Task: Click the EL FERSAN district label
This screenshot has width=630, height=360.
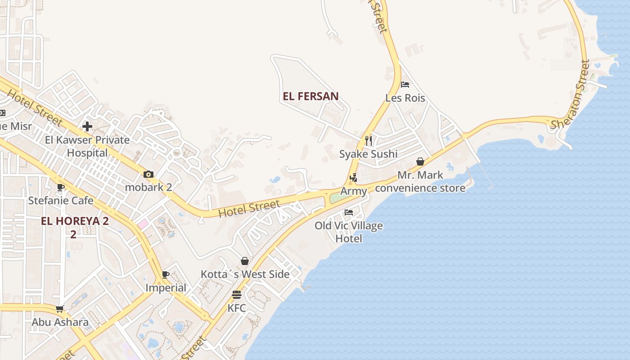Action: tap(310, 96)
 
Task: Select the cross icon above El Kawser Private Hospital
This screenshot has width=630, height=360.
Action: tap(87, 126)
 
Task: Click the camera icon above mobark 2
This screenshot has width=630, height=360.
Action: tap(148, 174)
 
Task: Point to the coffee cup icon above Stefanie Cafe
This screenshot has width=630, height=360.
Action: tap(61, 187)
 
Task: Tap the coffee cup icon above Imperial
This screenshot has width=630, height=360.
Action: tap(166, 274)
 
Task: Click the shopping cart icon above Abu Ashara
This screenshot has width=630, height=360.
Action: tap(59, 309)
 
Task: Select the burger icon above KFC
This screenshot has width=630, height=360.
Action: tap(237, 295)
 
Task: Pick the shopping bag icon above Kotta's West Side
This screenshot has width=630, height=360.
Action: tap(245, 261)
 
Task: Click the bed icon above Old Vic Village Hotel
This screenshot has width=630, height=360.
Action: tap(349, 212)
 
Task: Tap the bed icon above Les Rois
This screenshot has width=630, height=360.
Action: tap(405, 85)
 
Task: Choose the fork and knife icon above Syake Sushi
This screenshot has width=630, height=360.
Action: tap(369, 141)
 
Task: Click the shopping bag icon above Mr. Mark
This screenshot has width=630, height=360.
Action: tap(420, 162)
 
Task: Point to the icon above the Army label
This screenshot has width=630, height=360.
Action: tap(353, 178)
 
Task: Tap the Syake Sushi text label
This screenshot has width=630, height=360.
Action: tap(368, 154)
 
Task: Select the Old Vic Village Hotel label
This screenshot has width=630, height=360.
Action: tap(349, 232)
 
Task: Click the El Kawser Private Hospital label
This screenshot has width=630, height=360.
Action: tap(87, 146)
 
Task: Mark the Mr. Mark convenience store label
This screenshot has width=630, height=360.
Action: tap(420, 181)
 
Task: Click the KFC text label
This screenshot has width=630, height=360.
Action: tap(237, 308)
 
